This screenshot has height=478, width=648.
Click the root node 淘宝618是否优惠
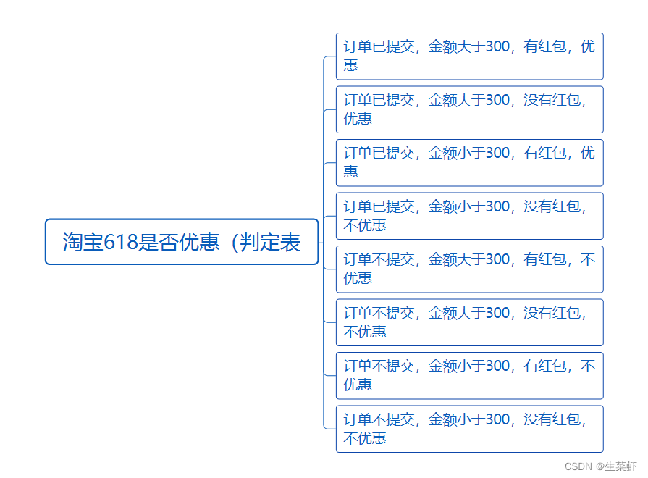(182, 242)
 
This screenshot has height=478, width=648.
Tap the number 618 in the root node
(121, 242)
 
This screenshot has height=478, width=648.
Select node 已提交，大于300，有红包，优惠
(469, 56)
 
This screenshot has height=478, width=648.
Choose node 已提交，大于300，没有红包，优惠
(469, 109)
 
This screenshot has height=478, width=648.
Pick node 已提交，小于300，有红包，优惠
(469, 162)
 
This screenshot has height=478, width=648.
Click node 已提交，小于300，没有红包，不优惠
(469, 216)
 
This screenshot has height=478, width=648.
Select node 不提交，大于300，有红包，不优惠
(469, 269)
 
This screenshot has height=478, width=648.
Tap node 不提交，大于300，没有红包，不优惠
(469, 322)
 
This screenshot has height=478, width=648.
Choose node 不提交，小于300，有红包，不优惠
(469, 375)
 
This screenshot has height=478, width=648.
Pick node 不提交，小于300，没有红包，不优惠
(469, 429)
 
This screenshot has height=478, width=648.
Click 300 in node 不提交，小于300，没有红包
(497, 419)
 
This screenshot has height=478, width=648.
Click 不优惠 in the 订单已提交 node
(365, 225)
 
